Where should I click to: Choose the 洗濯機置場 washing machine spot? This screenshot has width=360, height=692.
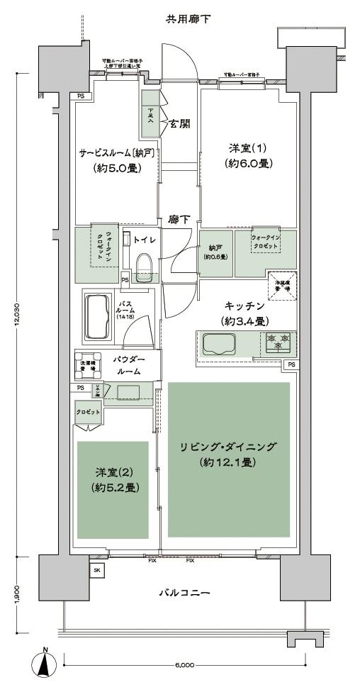point(89,362)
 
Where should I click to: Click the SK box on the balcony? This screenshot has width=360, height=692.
point(96,569)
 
